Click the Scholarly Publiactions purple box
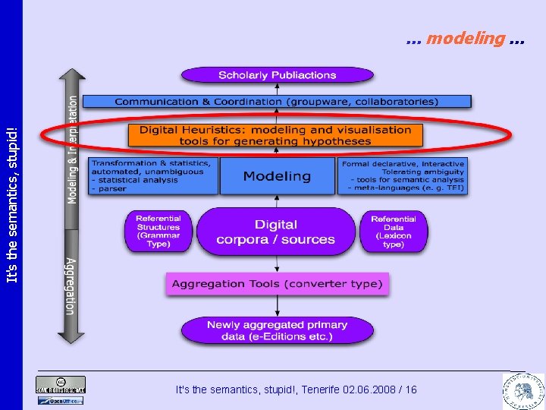pyautogui.click(x=277, y=75)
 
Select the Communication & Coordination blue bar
pyautogui.click(x=277, y=101)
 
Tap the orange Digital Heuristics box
pyautogui.click(x=275, y=135)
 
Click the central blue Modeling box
pyautogui.click(x=277, y=176)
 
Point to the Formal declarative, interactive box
pyautogui.click(x=402, y=176)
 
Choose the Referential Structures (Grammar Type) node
pyautogui.click(x=158, y=231)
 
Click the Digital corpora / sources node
pyautogui.click(x=275, y=232)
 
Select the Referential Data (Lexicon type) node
pyautogui.click(x=394, y=231)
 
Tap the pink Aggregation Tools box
pyautogui.click(x=277, y=284)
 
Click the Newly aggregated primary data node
pyautogui.click(x=277, y=330)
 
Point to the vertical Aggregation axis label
pyautogui.click(x=71, y=286)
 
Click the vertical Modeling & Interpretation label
pyautogui.click(x=73, y=148)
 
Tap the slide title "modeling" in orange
pyautogui.click(x=466, y=37)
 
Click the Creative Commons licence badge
pyautogui.click(x=61, y=384)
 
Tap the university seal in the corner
pyautogui.click(x=522, y=387)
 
